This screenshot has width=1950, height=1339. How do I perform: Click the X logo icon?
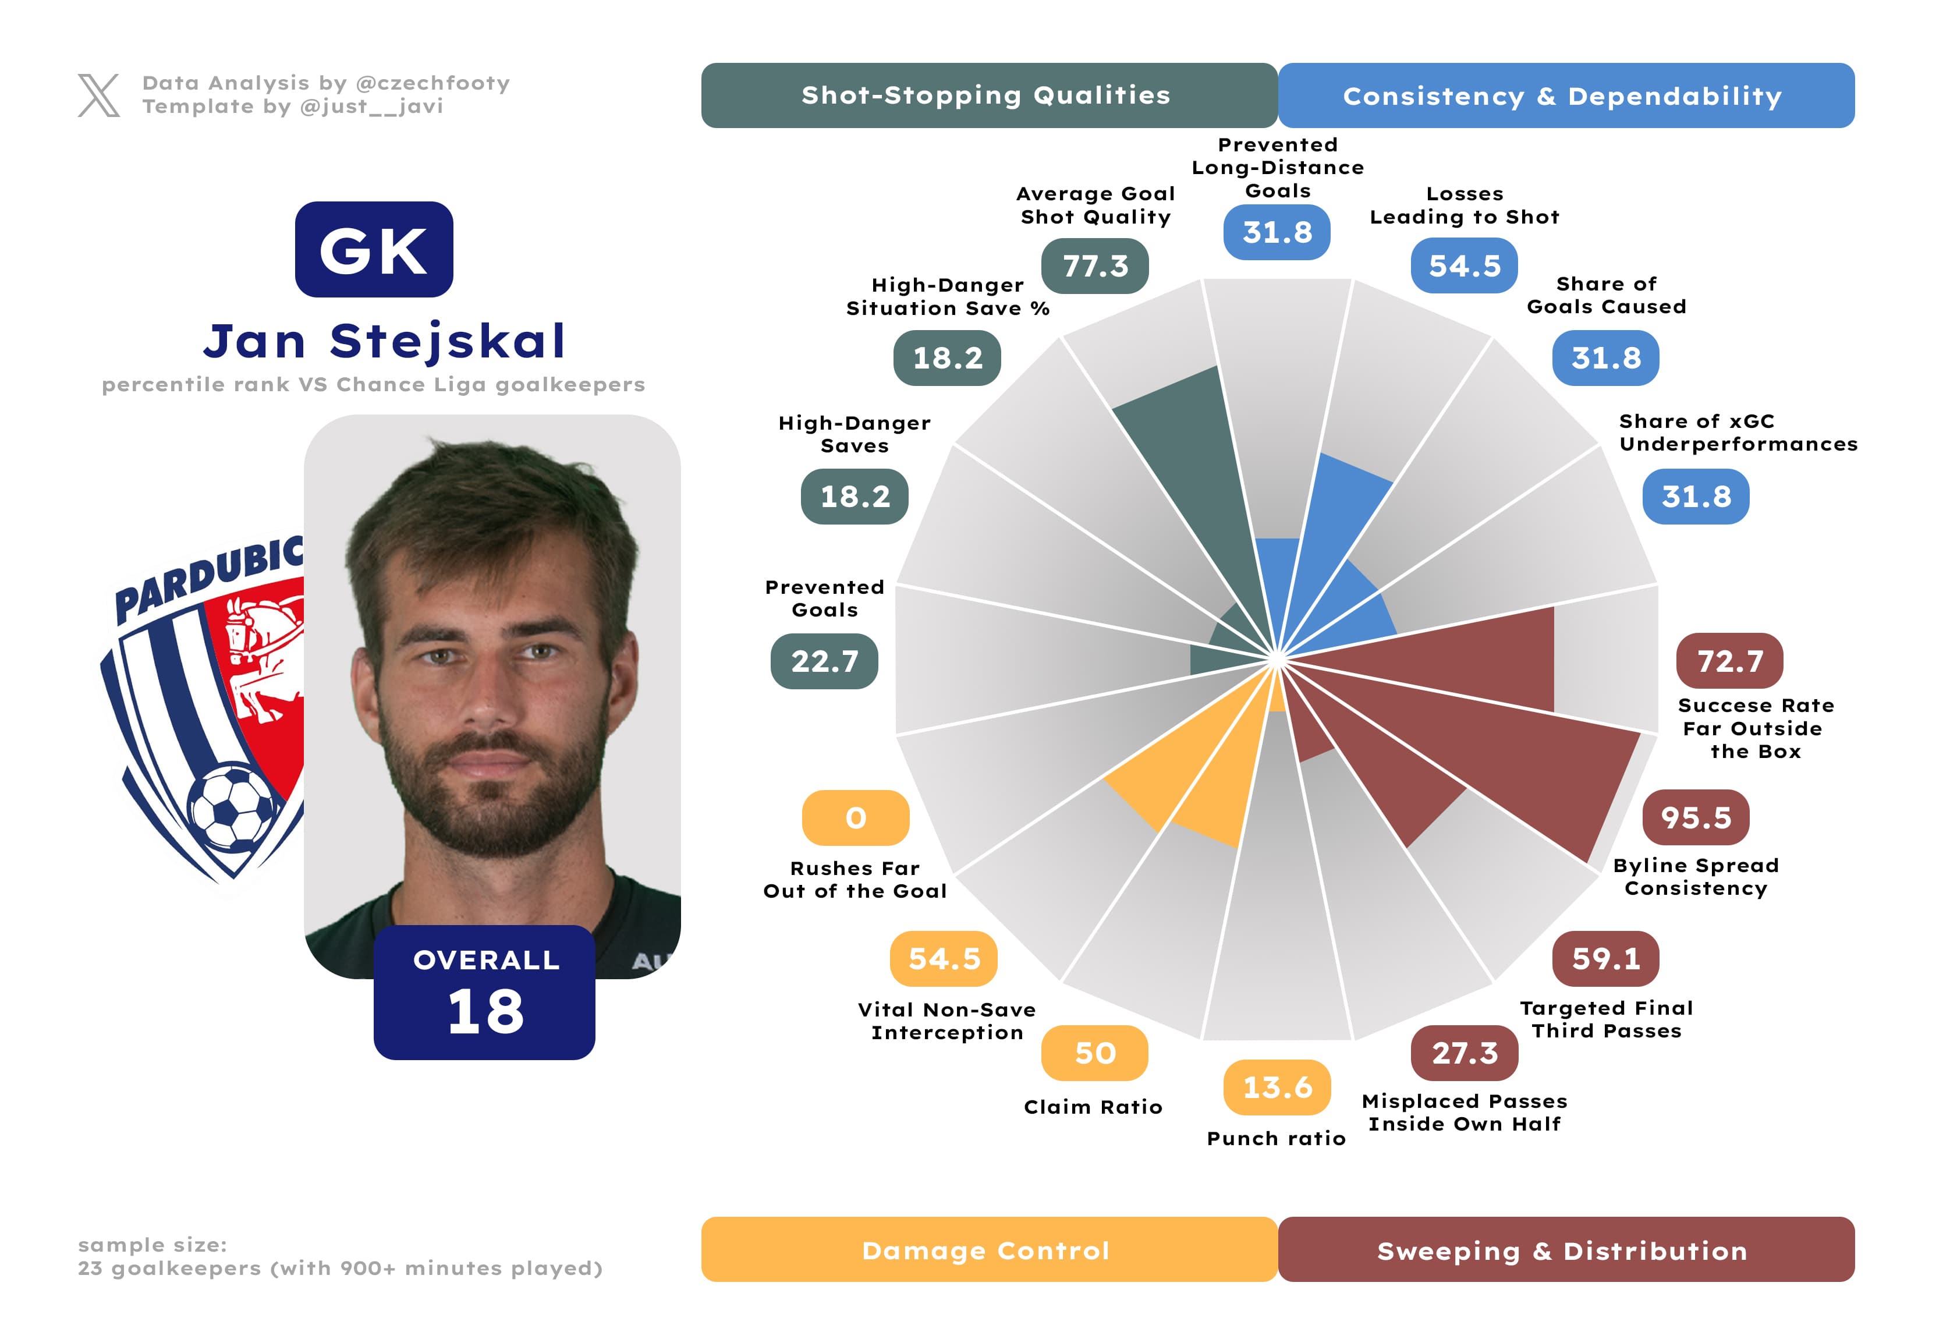point(98,95)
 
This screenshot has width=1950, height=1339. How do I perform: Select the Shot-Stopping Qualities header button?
point(988,95)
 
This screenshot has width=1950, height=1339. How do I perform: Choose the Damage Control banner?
point(988,1249)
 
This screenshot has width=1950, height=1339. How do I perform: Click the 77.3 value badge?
point(1094,266)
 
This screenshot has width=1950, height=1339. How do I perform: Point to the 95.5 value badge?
point(1695,817)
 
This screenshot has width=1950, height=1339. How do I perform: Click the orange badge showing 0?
point(855,817)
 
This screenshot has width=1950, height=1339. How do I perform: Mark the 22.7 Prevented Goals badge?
point(824,661)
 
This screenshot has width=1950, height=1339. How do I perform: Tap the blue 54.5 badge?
point(1463,266)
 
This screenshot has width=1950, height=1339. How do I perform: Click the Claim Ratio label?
point(1093,1107)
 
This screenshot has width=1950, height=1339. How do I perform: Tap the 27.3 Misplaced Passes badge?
point(1463,1053)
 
